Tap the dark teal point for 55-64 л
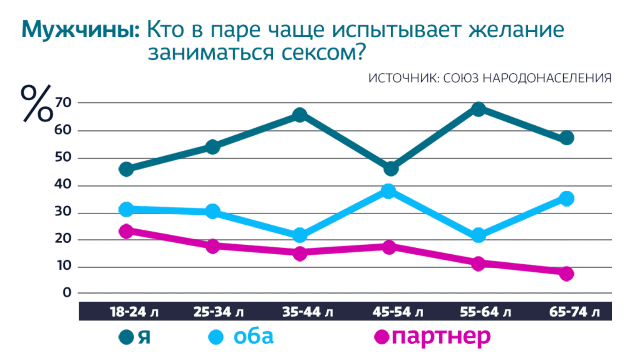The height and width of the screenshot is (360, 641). click(478, 109)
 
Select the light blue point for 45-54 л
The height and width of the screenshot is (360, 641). click(389, 191)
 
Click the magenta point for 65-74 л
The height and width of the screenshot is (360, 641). click(566, 274)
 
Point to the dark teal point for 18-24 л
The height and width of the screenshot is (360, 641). click(126, 169)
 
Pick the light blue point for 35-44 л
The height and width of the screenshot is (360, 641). click(300, 235)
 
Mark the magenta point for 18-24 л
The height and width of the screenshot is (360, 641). click(126, 231)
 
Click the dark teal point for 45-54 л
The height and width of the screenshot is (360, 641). click(390, 169)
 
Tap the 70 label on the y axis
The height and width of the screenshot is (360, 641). click(63, 102)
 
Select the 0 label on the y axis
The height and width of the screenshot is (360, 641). click(67, 293)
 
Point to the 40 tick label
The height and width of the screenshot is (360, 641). click(63, 184)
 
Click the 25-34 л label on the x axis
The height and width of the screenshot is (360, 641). click(219, 312)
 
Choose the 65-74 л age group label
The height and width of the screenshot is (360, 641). click(574, 312)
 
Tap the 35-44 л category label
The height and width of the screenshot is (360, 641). click(308, 312)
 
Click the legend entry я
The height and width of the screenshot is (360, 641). click(143, 337)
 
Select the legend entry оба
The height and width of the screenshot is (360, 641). click(253, 337)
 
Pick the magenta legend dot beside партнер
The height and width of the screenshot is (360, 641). click(382, 337)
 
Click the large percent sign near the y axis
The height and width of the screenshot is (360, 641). click(37, 104)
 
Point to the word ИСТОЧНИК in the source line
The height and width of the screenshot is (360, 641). click(403, 78)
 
